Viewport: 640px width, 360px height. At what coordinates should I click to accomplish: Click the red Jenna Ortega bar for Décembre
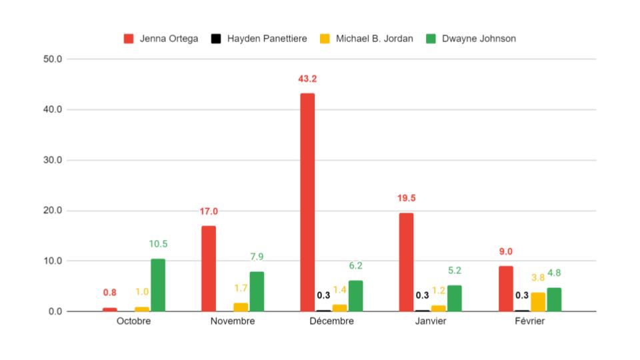click(307, 202)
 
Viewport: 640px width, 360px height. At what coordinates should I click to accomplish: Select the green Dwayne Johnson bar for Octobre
click(158, 285)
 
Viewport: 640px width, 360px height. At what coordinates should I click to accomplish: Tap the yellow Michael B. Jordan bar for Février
click(538, 301)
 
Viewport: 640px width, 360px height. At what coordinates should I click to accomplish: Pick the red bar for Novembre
click(208, 268)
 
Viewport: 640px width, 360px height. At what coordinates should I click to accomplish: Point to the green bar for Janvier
click(454, 298)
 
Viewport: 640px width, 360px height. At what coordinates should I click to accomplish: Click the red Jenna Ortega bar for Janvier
click(406, 262)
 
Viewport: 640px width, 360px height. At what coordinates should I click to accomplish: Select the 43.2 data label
click(307, 79)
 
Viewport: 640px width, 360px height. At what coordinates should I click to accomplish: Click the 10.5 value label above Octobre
click(158, 244)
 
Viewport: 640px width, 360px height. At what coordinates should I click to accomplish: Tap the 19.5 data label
click(406, 199)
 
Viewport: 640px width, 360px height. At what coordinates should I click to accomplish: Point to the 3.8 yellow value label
click(537, 278)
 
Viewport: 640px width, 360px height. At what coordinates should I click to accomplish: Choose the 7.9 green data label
click(257, 257)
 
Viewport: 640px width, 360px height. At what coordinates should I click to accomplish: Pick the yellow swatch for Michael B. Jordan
click(325, 39)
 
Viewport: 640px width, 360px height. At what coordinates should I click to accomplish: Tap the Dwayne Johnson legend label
click(478, 39)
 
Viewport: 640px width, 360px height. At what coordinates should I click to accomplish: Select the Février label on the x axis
click(530, 321)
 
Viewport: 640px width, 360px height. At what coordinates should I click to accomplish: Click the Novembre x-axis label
click(233, 321)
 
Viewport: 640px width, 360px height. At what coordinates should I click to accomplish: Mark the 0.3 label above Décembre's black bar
click(323, 295)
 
